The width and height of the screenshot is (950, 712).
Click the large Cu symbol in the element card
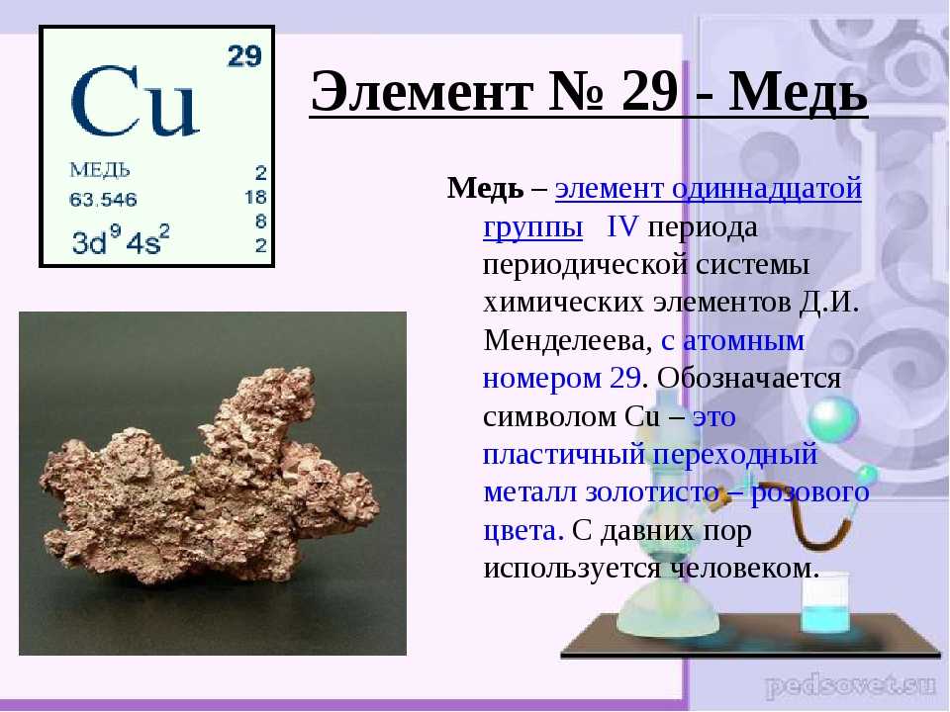point(135,101)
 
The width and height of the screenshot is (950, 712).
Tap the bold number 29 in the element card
point(244,56)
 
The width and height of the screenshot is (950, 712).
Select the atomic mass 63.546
point(103,199)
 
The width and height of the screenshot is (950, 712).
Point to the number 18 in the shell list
point(255,198)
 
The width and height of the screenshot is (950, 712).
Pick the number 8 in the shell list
point(260,222)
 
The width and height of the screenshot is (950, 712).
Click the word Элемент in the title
point(422,91)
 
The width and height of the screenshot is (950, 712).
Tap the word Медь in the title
point(798,91)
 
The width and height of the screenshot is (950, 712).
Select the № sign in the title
point(576,91)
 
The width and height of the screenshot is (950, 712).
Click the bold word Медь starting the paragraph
point(485,188)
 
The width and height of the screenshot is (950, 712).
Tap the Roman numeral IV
point(622,225)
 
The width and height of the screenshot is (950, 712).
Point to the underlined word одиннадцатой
point(766,189)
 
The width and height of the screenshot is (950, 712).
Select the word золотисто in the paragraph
point(652,491)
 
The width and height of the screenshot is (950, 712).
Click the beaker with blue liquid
point(825,601)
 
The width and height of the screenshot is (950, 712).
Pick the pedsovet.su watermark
point(850,685)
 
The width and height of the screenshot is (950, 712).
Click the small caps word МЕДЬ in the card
point(100,170)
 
